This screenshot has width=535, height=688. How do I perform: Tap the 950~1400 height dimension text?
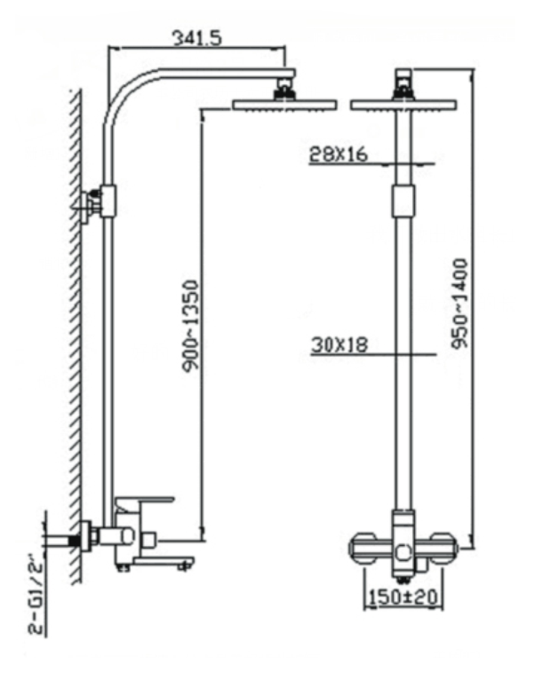point(459,304)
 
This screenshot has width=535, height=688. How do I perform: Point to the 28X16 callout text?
point(339,154)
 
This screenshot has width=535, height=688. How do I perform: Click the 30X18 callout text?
point(339,345)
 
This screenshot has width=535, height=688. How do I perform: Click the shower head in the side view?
point(283,104)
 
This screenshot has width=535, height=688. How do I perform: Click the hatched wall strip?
point(75,337)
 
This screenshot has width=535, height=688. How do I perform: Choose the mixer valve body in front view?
point(403,546)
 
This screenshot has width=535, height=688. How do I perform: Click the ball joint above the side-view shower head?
point(284,87)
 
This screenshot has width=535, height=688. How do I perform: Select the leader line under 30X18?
point(373,355)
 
